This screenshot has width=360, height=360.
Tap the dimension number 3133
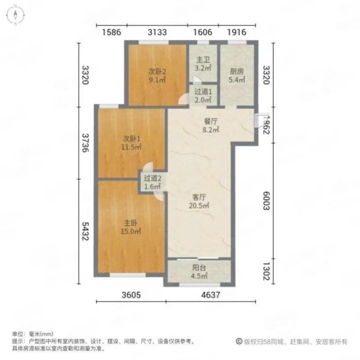pos(157,32)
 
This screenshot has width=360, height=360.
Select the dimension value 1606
pos(204,32)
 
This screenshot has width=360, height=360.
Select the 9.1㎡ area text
pos(157,80)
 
